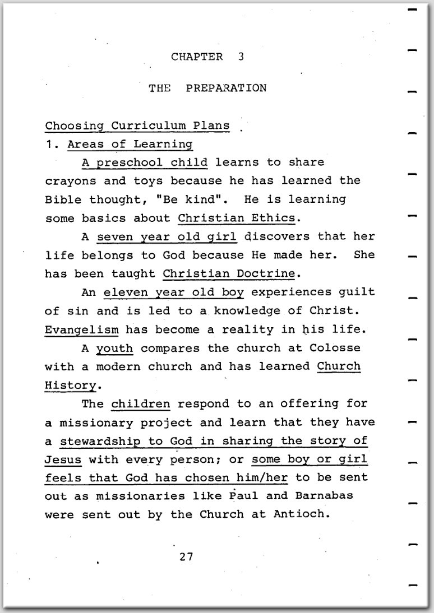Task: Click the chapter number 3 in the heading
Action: (x=241, y=57)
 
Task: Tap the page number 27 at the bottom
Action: (x=187, y=556)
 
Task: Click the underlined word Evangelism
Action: (x=82, y=329)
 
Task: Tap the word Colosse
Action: (x=335, y=347)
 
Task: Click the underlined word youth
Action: (x=114, y=347)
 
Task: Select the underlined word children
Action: (x=141, y=403)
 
